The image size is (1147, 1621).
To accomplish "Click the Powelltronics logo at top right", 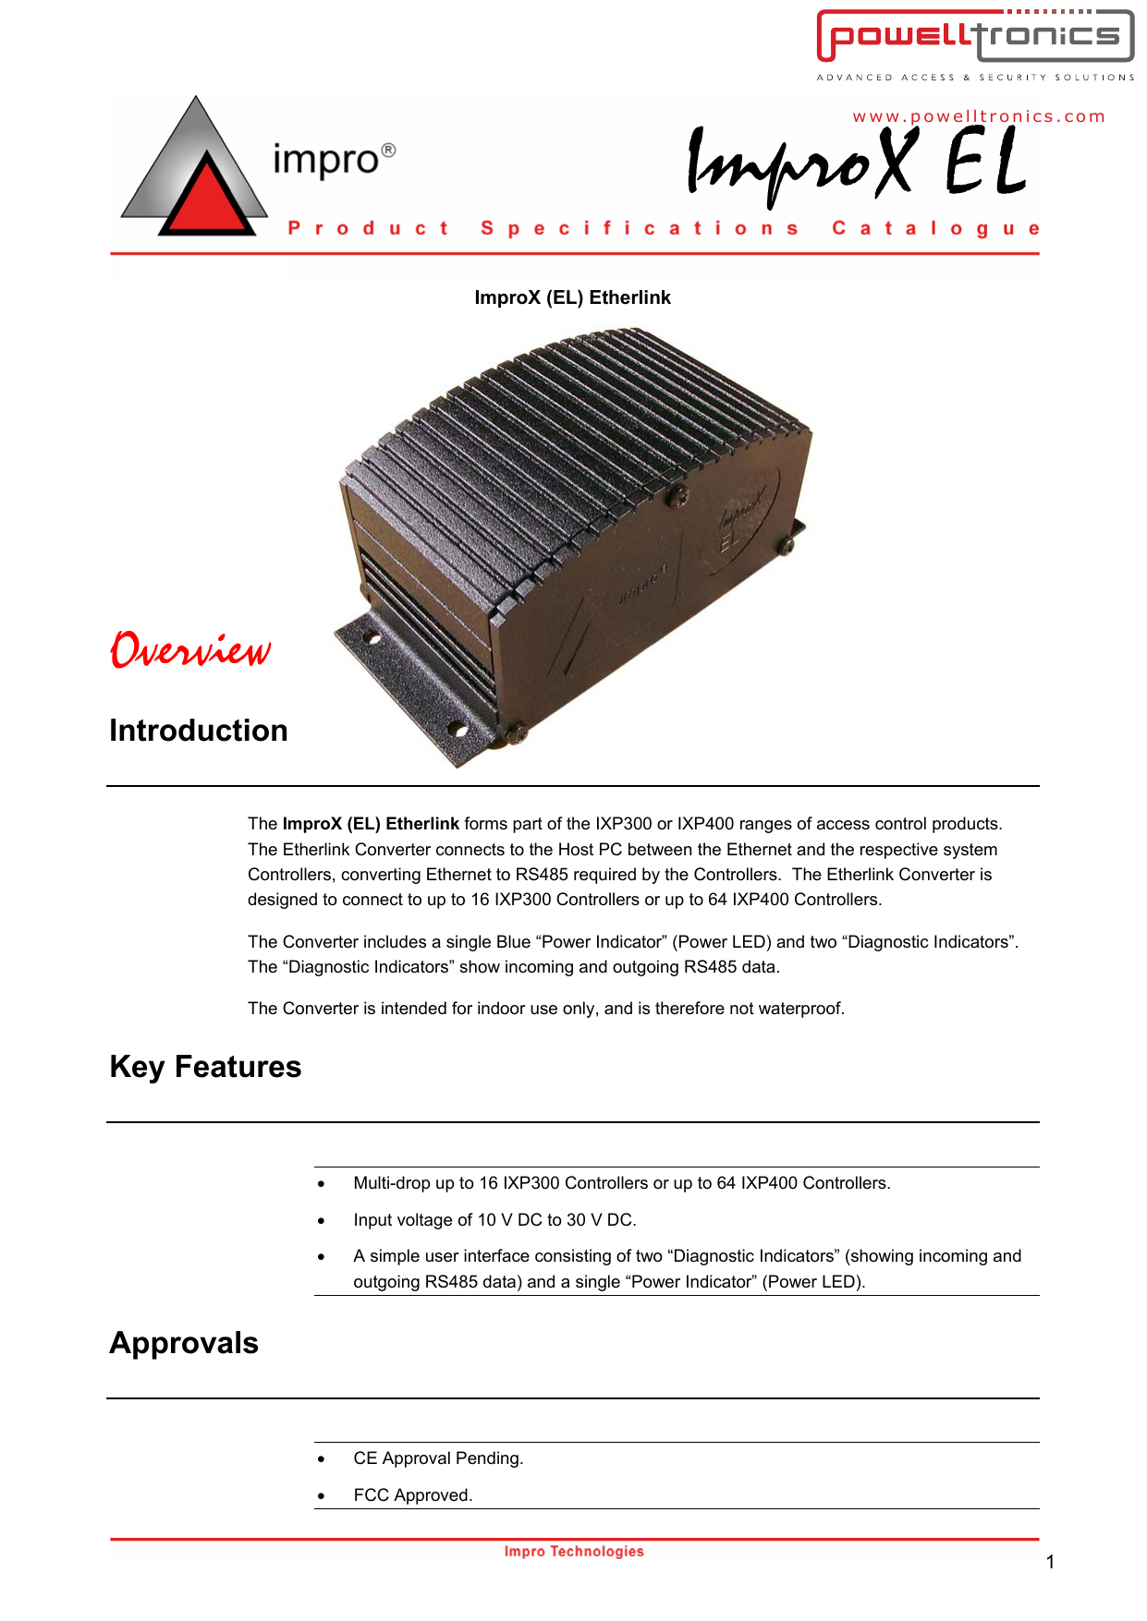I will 975,37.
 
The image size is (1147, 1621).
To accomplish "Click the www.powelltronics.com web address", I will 979,116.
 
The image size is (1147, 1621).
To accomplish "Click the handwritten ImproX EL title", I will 856,163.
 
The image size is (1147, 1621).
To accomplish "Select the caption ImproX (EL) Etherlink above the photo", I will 572,297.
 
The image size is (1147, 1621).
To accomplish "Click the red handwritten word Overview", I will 190,649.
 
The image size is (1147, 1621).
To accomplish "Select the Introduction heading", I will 199,731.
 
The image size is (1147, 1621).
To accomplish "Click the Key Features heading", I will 205,1067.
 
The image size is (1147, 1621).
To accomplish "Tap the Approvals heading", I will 184,1343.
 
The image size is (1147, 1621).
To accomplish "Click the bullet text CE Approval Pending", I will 438,1458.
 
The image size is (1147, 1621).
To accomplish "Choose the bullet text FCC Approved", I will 412,1495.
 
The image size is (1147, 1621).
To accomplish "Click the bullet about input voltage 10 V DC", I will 494,1220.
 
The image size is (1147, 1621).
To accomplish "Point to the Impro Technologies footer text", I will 574,1552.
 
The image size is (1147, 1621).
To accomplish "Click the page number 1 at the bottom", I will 1050,1562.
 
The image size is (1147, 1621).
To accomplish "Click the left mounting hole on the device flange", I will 371,637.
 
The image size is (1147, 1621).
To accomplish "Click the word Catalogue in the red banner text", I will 935,228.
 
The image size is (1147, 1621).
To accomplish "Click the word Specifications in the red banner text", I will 639,228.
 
